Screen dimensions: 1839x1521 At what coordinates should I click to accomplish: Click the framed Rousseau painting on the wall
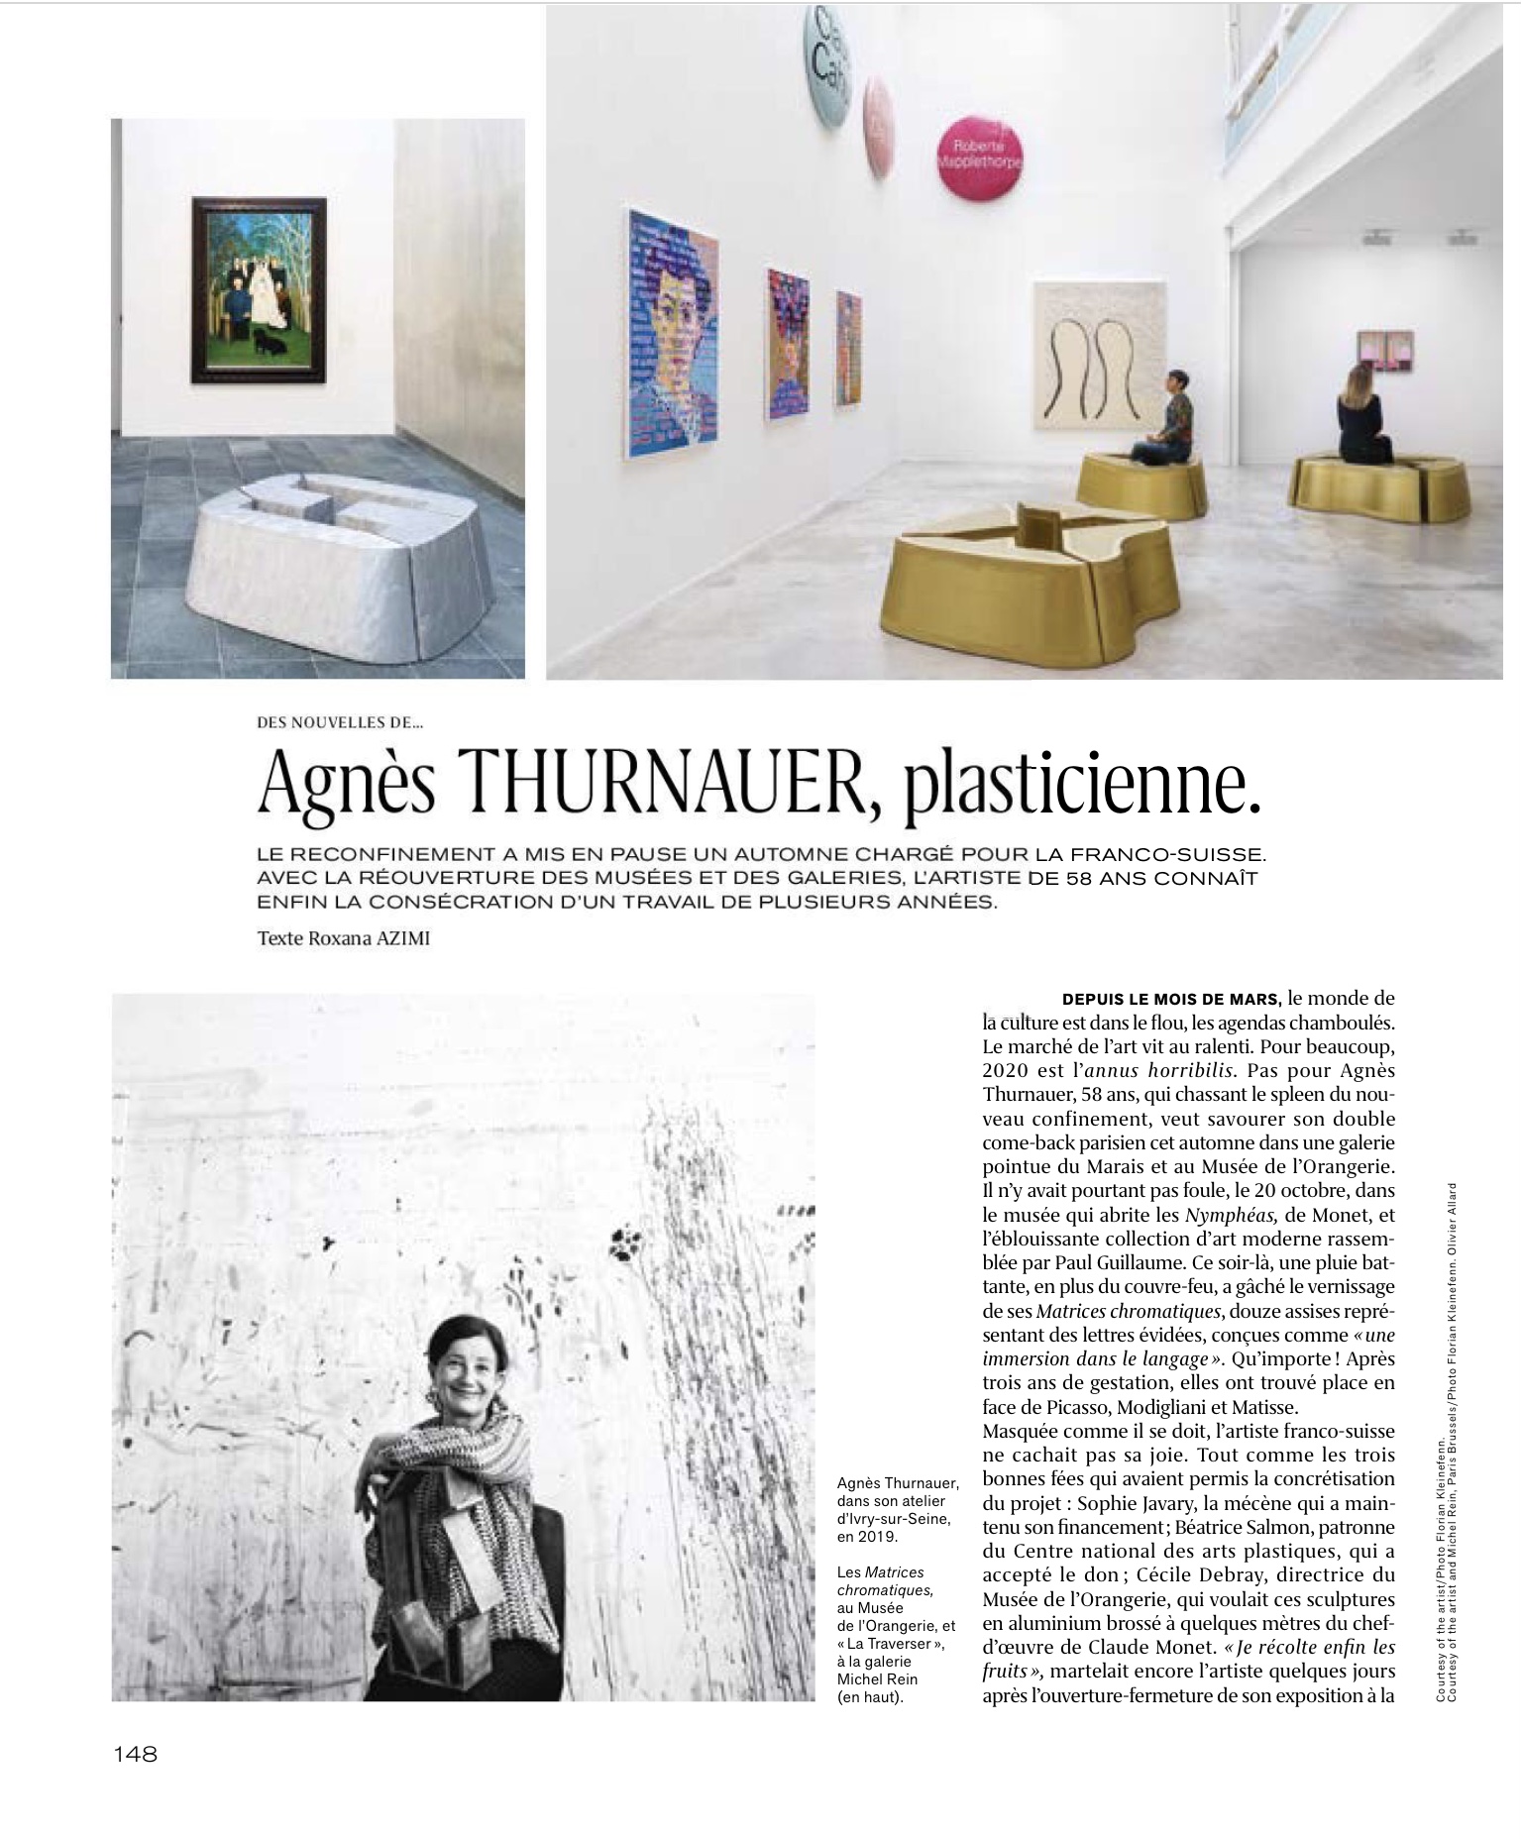click(x=259, y=289)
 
